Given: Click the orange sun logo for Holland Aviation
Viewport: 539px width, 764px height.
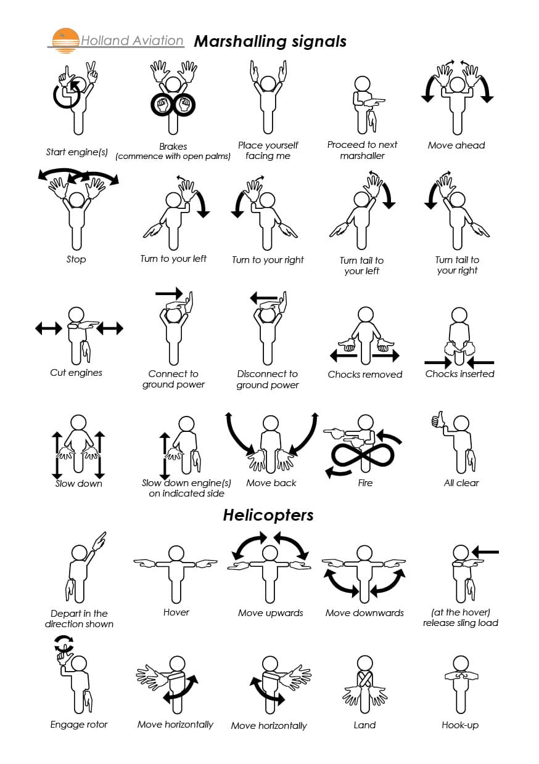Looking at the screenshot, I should pos(65,39).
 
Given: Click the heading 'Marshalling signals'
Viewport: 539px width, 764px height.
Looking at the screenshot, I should pos(270,41).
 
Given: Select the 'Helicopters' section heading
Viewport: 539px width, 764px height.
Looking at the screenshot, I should pos(268,515).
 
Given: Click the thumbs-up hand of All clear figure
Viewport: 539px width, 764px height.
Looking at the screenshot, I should pos(438,421).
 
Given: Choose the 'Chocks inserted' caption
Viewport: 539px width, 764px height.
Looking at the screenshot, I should pos(459,373).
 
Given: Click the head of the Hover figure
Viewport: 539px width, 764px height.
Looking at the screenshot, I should pos(176,553).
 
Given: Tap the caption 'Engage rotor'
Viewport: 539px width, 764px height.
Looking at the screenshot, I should pos(79,725).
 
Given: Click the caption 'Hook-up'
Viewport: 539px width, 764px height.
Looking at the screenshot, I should pos(460,725).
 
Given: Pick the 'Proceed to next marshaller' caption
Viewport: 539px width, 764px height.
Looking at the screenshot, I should pos(363,150).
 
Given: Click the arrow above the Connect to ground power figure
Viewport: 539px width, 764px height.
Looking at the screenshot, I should pos(169,293).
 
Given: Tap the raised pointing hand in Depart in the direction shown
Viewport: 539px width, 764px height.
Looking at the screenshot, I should pos(99,540).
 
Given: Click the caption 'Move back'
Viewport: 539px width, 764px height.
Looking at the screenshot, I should pos(271,483).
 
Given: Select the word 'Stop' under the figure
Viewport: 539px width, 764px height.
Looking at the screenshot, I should pos(76,259).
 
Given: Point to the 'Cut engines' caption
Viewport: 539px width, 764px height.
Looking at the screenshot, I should pos(76,373).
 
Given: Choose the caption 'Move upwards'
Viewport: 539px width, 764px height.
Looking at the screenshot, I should pos(271,613).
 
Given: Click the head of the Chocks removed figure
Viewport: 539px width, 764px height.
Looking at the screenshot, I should pos(366,314).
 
